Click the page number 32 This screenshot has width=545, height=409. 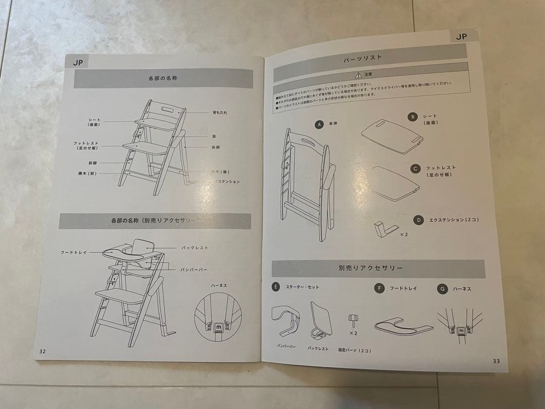pyautogui.click(x=42, y=351)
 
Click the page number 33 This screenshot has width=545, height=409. pyautogui.click(x=496, y=361)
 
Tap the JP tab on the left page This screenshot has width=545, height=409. pyautogui.click(x=77, y=63)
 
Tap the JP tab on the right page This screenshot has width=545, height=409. pyautogui.click(x=461, y=36)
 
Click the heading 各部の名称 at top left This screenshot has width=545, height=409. pyautogui.click(x=162, y=78)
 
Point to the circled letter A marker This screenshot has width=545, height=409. pyautogui.click(x=318, y=124)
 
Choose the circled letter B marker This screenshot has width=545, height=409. pyautogui.click(x=413, y=117)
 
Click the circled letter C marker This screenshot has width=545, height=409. pyautogui.click(x=415, y=169)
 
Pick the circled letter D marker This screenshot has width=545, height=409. pyautogui.click(x=418, y=220)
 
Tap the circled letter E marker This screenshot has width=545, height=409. pyautogui.click(x=276, y=287)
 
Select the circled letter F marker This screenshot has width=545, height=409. pyautogui.click(x=379, y=288)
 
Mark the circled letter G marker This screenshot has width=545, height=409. pyautogui.click(x=443, y=289)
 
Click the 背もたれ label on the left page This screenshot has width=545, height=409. pyautogui.click(x=220, y=113)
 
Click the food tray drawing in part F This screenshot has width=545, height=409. pyautogui.click(x=404, y=326)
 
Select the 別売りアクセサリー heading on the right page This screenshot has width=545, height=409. pyautogui.click(x=371, y=268)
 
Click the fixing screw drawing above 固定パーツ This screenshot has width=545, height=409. pyautogui.click(x=353, y=320)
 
